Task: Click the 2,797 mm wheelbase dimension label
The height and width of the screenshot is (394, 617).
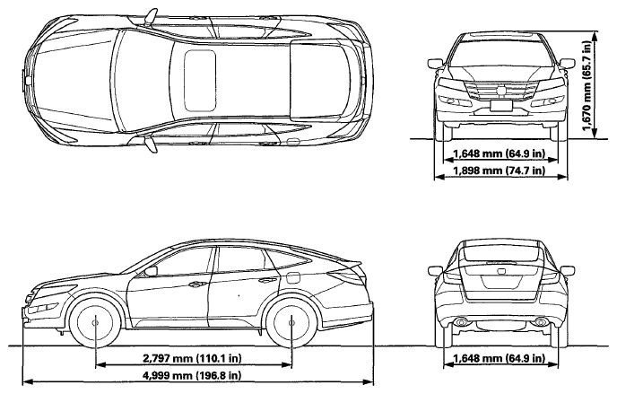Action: pyautogui.click(x=192, y=358)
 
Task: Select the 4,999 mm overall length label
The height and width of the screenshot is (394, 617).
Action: pyautogui.click(x=192, y=375)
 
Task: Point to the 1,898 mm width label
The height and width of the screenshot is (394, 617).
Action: pyautogui.click(x=500, y=171)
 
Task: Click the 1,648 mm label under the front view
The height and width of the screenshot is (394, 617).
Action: pyautogui.click(x=500, y=153)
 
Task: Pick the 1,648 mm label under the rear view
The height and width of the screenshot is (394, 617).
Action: pyautogui.click(x=500, y=358)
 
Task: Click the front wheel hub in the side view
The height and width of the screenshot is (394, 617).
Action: pyautogui.click(x=96, y=323)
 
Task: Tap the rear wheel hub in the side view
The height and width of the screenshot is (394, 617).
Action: pyautogui.click(x=291, y=323)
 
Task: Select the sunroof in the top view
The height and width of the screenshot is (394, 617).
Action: pyautogui.click(x=200, y=81)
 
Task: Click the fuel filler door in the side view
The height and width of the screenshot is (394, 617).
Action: pyautogui.click(x=292, y=277)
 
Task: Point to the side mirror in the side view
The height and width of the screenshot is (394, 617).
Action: pyautogui.click(x=151, y=271)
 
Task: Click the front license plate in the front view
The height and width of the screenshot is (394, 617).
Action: pyautogui.click(x=501, y=105)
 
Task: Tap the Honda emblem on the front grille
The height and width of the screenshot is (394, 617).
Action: pyautogui.click(x=501, y=90)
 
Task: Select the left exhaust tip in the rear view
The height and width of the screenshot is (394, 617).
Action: pyautogui.click(x=459, y=323)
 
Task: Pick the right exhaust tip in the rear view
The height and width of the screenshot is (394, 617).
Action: pyautogui.click(x=542, y=323)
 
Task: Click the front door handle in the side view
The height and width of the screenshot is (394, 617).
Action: pyautogui.click(x=196, y=284)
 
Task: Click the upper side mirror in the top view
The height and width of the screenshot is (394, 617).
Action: pyautogui.click(x=151, y=17)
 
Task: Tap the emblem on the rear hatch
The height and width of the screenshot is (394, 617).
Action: pyautogui.click(x=501, y=271)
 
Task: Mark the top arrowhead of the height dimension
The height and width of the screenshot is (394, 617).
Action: pyautogui.click(x=595, y=36)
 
